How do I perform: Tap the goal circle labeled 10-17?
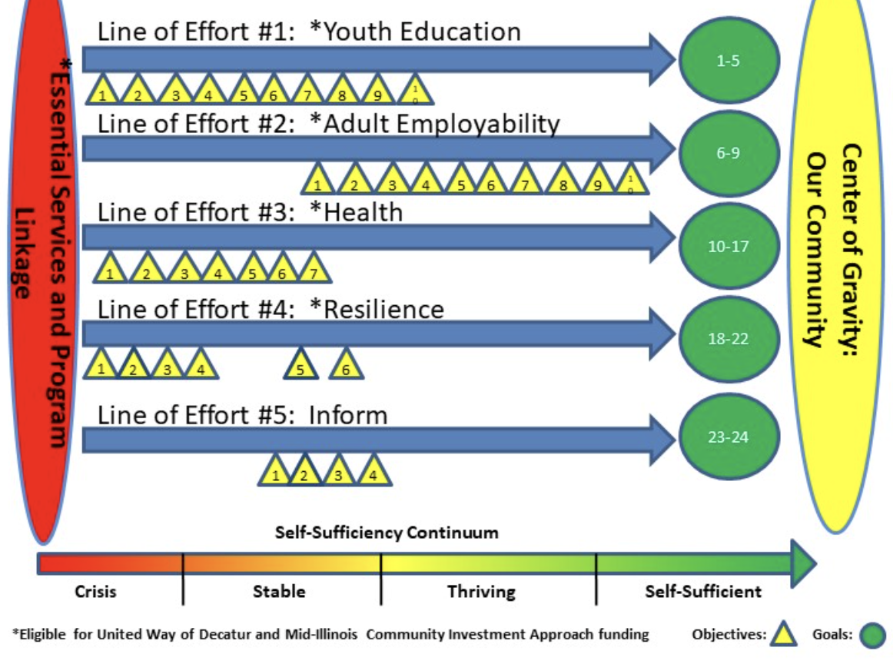pos(729,247)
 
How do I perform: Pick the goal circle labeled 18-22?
pos(729,338)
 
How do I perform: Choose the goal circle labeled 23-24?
pos(729,437)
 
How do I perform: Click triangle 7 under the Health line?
pos(313,271)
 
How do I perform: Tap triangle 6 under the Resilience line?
pos(347,367)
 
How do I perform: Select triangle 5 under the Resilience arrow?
pos(301,367)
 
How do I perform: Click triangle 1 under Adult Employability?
pos(317,183)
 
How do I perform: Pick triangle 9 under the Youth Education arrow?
pos(377,94)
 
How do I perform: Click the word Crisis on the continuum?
pos(95,592)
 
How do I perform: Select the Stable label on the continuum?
pos(279,592)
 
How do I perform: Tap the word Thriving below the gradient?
pos(481,592)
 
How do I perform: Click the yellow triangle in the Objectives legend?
pos(784,635)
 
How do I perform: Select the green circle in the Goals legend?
pos(871,635)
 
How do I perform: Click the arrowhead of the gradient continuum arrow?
pos(803,563)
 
